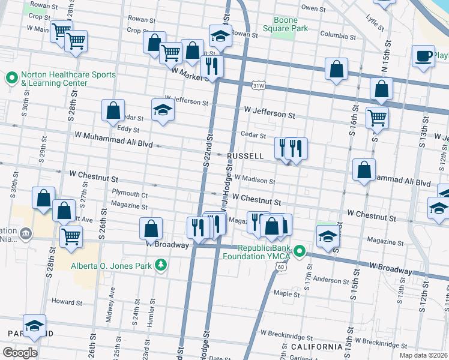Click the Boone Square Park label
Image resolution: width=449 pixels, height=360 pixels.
pyautogui.click(x=278, y=23)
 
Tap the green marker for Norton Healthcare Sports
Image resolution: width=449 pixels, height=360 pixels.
pyautogui.click(x=12, y=77)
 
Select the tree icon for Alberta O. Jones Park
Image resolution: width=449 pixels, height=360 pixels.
pyautogui.click(x=160, y=265)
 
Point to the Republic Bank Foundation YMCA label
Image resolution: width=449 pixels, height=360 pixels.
pyautogui.click(x=264, y=253)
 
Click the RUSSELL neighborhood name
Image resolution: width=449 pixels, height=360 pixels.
pyautogui.click(x=246, y=156)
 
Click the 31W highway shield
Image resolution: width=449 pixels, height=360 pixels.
pyautogui.click(x=258, y=86)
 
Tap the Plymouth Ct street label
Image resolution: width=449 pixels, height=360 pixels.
pyautogui.click(x=130, y=194)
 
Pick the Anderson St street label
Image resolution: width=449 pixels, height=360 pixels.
pyautogui.click(x=327, y=279)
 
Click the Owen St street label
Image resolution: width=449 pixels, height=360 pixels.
pyautogui.click(x=313, y=8)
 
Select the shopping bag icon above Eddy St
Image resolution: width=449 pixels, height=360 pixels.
pyautogui.click(x=113, y=110)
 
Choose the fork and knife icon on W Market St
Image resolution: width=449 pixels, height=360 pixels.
pyautogui.click(x=211, y=65)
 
